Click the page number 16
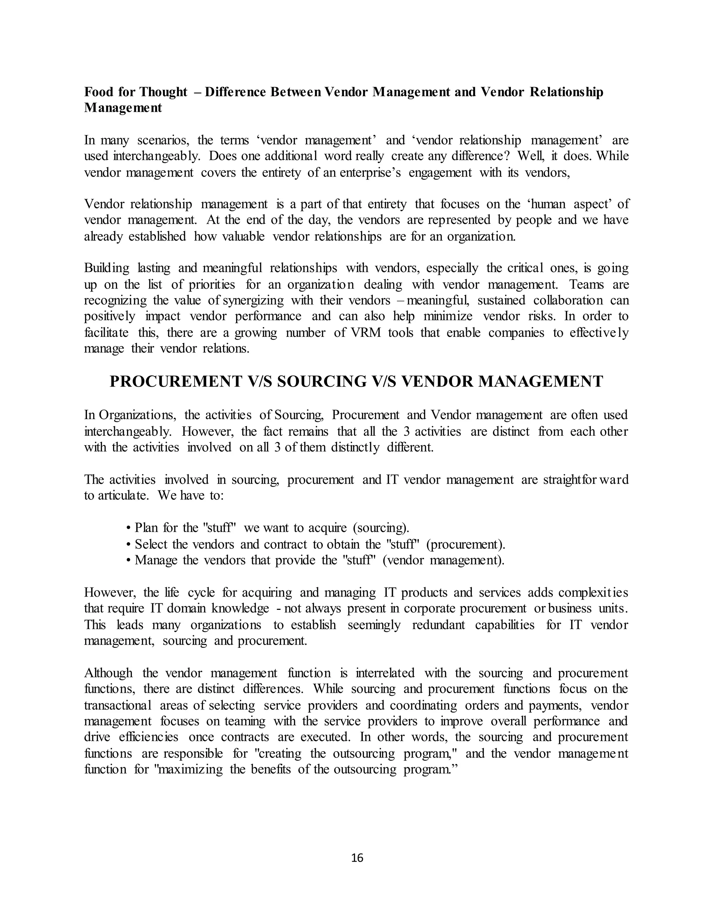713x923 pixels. point(357,858)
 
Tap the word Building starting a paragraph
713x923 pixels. point(107,268)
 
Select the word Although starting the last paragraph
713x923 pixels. point(108,673)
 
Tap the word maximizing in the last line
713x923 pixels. point(190,770)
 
